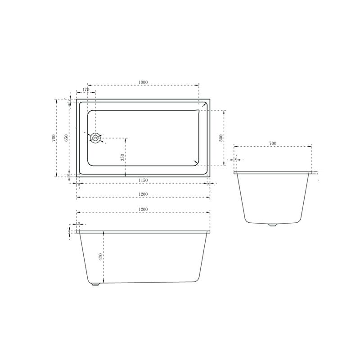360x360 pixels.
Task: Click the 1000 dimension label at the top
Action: click(x=143, y=82)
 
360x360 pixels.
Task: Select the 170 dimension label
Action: click(x=86, y=90)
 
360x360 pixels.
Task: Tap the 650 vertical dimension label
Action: click(x=67, y=138)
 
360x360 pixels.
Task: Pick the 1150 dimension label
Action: click(x=143, y=180)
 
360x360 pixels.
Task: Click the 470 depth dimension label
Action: click(x=101, y=258)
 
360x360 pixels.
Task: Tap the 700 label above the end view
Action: click(x=272, y=143)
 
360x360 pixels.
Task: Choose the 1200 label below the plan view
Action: click(x=143, y=194)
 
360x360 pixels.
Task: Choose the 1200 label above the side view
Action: click(x=143, y=210)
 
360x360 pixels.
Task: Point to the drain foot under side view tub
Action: click(x=96, y=284)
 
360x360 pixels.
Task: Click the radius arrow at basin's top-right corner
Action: click(x=204, y=106)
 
